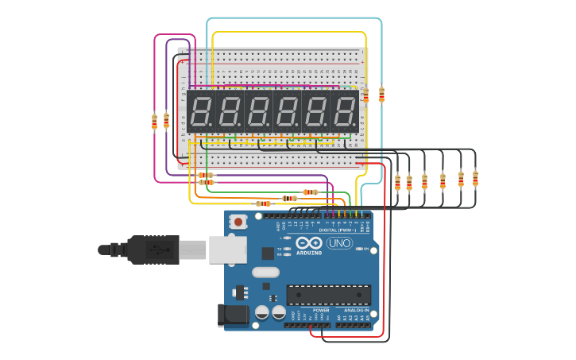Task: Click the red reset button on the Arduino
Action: pyautogui.click(x=238, y=222)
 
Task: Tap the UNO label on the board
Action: pyautogui.click(x=339, y=243)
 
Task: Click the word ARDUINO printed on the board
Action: pyautogui.click(x=310, y=254)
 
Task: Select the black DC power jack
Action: pyautogui.click(x=233, y=315)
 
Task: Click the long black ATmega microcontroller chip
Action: pyautogui.click(x=328, y=295)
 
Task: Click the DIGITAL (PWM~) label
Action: pyautogui.click(x=338, y=230)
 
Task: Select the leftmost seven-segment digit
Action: pyautogui.click(x=201, y=111)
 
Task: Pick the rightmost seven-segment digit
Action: pyautogui.click(x=345, y=111)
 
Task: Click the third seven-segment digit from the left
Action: pyautogui.click(x=258, y=111)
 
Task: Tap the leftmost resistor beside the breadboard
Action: pyautogui.click(x=154, y=121)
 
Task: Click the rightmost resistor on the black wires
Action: pyautogui.click(x=475, y=178)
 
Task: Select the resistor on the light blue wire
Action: pyautogui.click(x=381, y=95)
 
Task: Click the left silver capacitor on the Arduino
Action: pyautogui.click(x=261, y=313)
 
